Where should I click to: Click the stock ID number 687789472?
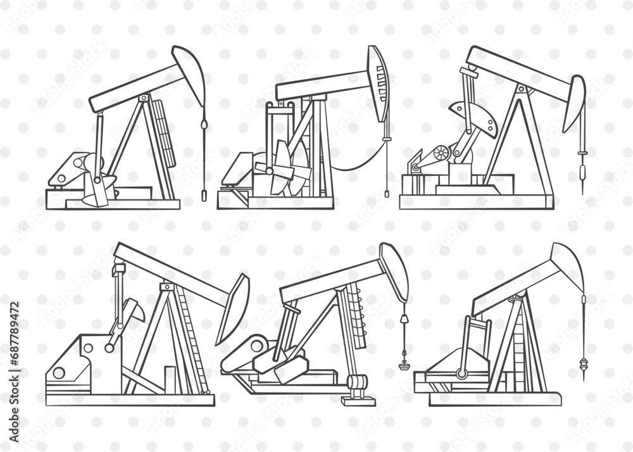click(x=15, y=348)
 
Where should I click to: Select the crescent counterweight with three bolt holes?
click(x=476, y=116)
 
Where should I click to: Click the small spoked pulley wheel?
click(x=441, y=153)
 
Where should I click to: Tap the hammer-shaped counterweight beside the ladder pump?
click(x=128, y=315)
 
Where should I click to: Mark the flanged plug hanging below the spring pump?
click(x=403, y=365)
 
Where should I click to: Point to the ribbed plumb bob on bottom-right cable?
click(x=583, y=366)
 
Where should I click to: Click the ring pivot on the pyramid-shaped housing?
click(x=463, y=374)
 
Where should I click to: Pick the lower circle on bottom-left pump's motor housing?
click(x=59, y=373)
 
